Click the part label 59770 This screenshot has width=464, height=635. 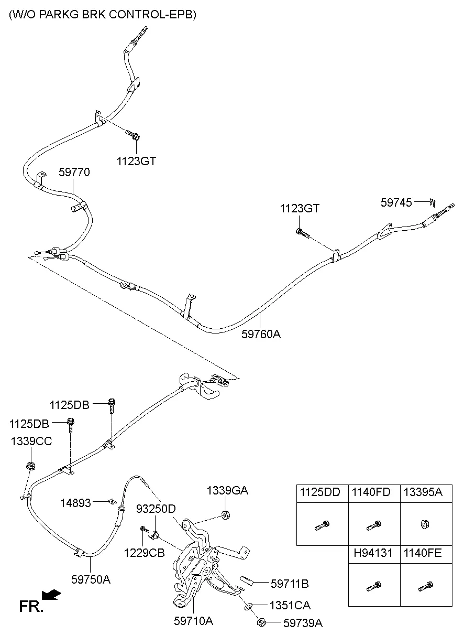(x=74, y=172)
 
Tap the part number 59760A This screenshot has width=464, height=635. (x=261, y=333)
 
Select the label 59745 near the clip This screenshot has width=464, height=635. (x=396, y=202)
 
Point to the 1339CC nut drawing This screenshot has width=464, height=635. (x=31, y=466)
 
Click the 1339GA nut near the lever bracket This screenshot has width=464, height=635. (x=226, y=515)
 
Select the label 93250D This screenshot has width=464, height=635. (x=156, y=509)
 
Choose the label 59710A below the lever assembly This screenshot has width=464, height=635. (x=193, y=621)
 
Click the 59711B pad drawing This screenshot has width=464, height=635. (x=248, y=580)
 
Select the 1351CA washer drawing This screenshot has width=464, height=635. (x=248, y=607)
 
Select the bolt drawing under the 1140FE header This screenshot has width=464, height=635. (x=425, y=586)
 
